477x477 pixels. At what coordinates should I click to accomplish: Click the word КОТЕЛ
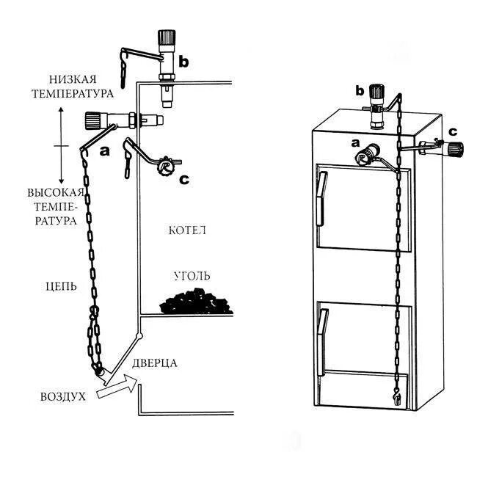tap(187, 230)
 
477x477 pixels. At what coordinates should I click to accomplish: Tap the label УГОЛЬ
tap(192, 276)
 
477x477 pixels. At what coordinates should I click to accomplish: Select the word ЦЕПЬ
tap(59, 286)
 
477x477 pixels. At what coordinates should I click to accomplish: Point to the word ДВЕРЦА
tap(156, 363)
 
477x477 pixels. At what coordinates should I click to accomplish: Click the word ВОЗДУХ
tap(63, 397)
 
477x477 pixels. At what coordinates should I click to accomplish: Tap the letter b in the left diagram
tap(183, 62)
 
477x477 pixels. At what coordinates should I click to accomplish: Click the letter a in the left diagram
tap(103, 150)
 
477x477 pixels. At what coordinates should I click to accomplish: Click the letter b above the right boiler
tap(360, 90)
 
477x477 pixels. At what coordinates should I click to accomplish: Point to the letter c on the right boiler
tap(453, 131)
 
